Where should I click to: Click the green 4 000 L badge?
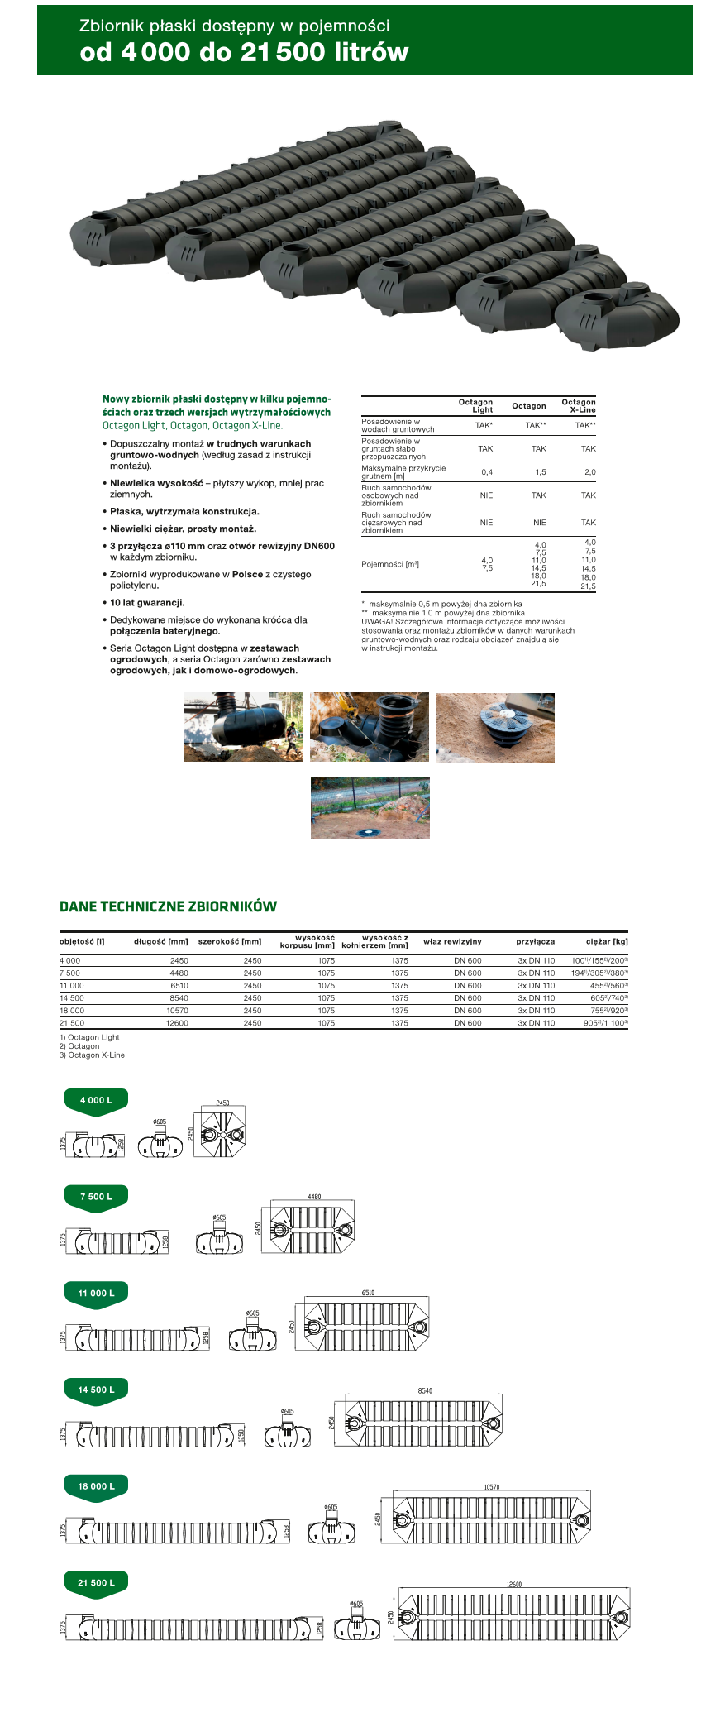point(96,1101)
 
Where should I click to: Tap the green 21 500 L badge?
point(96,1582)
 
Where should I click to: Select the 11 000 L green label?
point(96,1293)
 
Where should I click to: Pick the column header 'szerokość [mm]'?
point(230,941)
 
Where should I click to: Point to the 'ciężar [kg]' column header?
point(607,941)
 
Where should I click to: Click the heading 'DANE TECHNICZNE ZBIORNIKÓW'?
point(168,906)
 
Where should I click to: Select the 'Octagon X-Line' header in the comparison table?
point(579,406)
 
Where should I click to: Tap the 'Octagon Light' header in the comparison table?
point(476,406)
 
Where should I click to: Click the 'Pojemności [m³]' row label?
point(390,564)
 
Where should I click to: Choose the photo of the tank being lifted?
point(243,727)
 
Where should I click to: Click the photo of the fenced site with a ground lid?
point(370,808)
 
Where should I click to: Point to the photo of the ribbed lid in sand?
point(494,727)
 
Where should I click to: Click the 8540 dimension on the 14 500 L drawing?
point(425,1390)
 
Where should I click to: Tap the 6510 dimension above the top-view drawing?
point(368,1293)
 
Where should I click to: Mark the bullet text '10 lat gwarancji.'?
point(147,603)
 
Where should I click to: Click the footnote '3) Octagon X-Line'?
point(92,1055)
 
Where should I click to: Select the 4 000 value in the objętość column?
point(70,961)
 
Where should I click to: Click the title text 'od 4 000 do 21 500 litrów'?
point(244,52)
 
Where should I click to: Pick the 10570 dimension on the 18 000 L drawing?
point(492,1487)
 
